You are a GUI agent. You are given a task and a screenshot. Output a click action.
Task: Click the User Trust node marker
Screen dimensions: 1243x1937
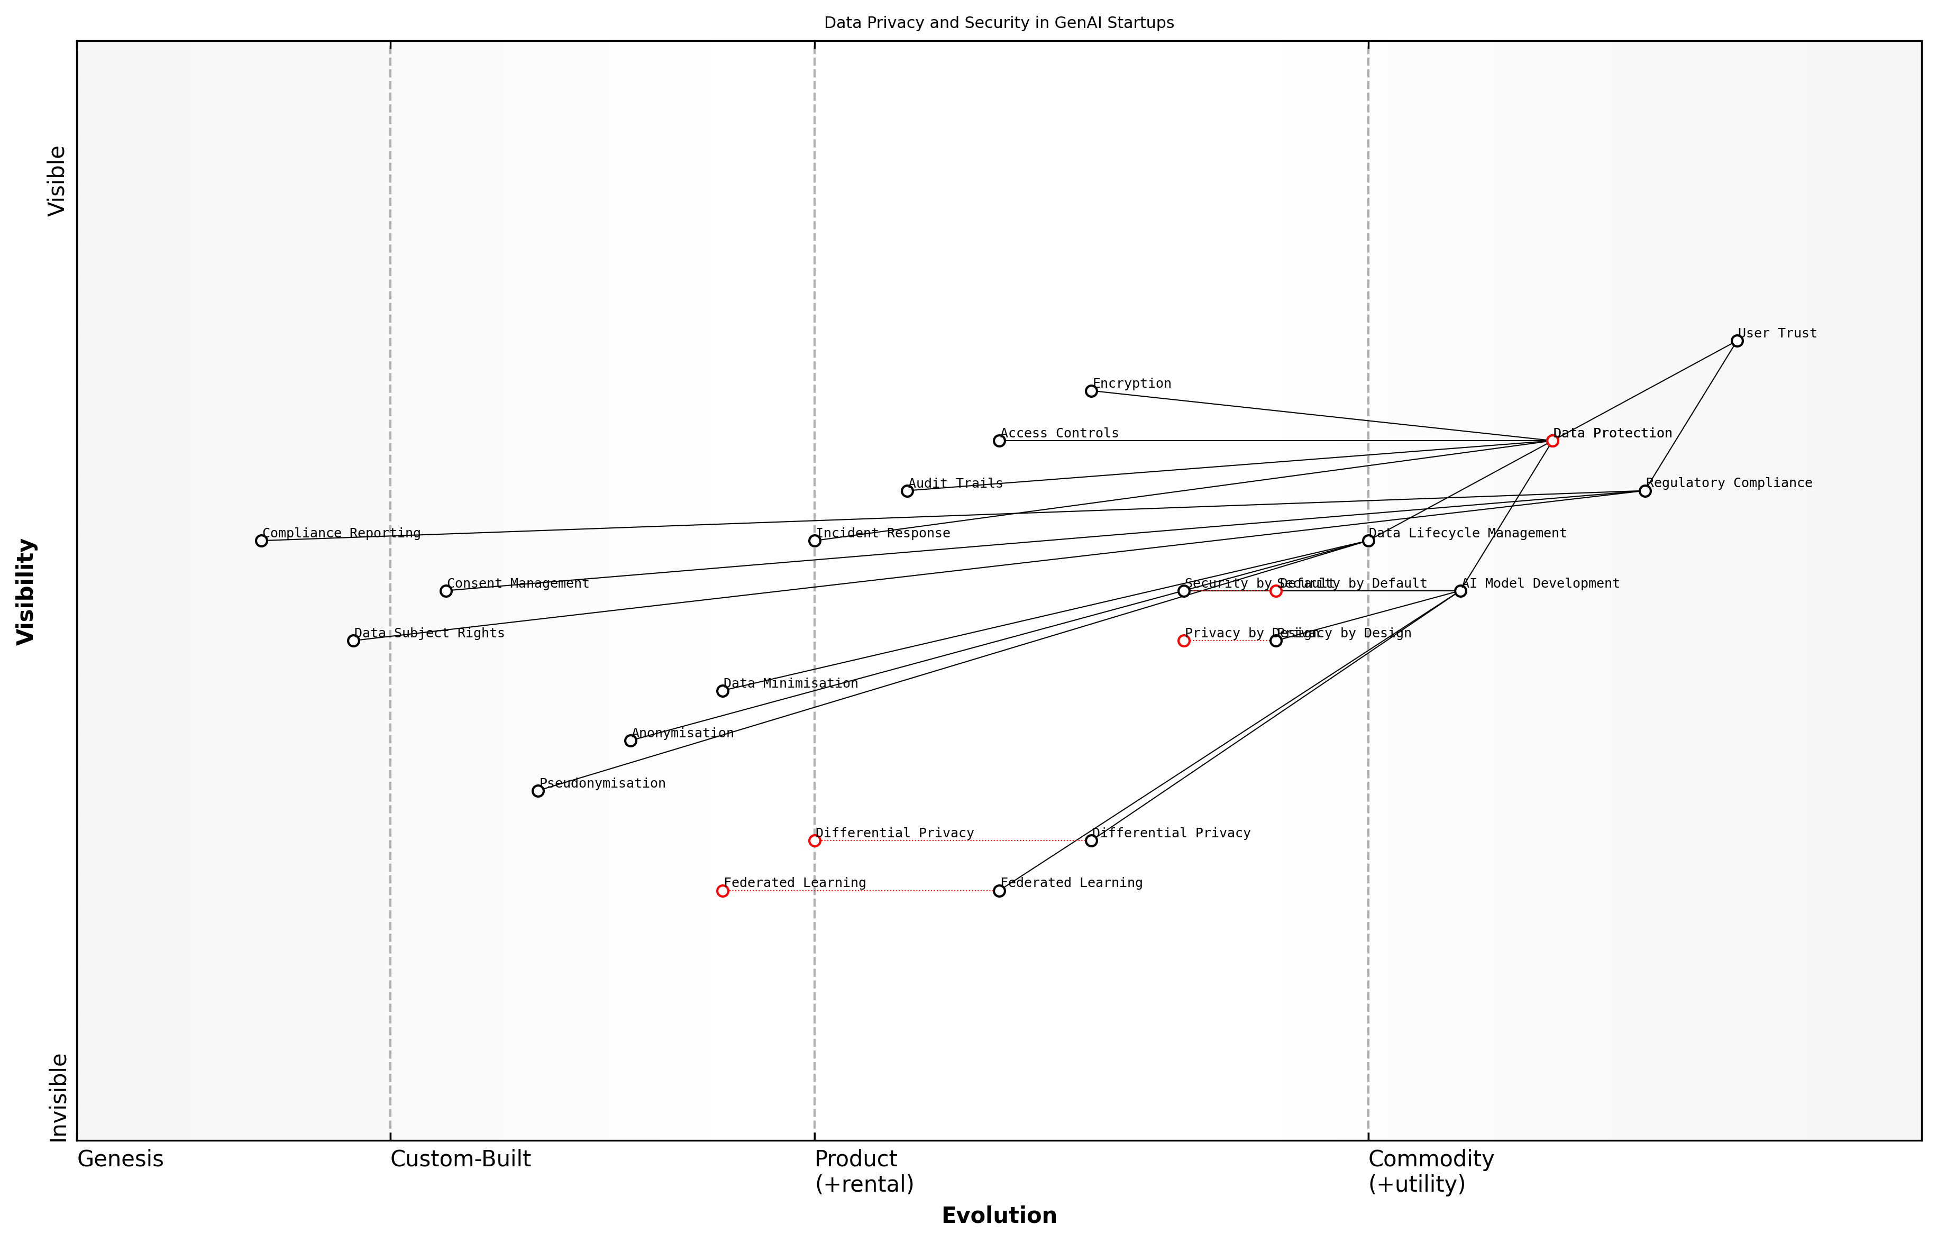(1737, 341)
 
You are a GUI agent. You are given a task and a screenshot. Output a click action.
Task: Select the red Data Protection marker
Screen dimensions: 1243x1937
(1552, 441)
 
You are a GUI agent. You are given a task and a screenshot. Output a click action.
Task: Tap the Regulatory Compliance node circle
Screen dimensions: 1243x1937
(1645, 491)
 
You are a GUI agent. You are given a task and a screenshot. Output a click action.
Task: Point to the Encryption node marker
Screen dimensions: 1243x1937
(1091, 391)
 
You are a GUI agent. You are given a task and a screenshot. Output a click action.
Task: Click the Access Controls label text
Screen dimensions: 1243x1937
(1059, 433)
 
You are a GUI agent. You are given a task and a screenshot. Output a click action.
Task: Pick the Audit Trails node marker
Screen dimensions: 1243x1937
(907, 491)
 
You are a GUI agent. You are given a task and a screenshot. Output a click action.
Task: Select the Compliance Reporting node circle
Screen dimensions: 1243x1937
(261, 541)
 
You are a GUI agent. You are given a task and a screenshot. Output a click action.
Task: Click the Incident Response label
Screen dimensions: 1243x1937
(883, 534)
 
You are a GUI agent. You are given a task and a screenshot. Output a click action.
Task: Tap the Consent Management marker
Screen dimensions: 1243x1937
(445, 591)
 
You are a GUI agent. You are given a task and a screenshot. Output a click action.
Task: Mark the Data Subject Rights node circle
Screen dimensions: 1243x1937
(353, 641)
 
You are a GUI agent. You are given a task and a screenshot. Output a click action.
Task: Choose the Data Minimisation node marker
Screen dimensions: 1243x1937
(723, 691)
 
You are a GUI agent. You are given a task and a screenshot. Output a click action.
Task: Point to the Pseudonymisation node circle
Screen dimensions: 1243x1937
(538, 791)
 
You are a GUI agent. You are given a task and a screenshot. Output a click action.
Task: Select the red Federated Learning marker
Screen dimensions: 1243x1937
(723, 891)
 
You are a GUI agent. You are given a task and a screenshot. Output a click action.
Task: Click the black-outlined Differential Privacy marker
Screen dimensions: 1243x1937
(1091, 841)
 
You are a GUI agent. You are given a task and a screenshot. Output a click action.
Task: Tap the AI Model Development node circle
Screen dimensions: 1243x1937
(1460, 591)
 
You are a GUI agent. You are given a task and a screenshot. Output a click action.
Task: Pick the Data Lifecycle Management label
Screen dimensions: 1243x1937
(1467, 534)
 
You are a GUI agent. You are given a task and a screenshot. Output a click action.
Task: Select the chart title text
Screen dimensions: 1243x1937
(998, 23)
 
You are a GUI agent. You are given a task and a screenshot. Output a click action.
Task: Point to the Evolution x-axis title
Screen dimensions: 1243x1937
(998, 1215)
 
